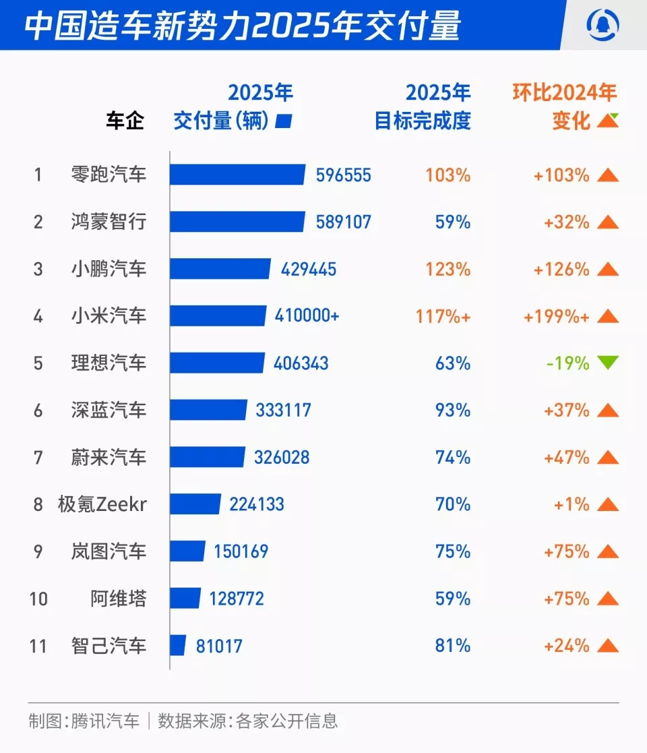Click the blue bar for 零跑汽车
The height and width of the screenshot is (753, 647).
[x=237, y=175]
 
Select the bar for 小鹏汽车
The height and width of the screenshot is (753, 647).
[x=220, y=269]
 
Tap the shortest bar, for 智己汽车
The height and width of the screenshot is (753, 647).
[x=178, y=646]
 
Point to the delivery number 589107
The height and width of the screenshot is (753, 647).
[x=343, y=222]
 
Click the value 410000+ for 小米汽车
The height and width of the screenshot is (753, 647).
[x=307, y=316]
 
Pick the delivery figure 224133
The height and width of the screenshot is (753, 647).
[x=256, y=504]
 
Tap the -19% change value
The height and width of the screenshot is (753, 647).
[x=567, y=363]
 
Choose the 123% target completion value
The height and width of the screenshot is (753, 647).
[x=448, y=269]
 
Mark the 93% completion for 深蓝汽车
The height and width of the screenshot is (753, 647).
[x=452, y=410]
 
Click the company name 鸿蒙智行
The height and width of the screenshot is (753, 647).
[x=108, y=222]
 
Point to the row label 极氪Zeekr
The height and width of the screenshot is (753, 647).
[x=102, y=504]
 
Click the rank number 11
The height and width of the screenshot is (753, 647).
[x=38, y=646]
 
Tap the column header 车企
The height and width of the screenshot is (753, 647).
[x=125, y=121]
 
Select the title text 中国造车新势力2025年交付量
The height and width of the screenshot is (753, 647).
[x=243, y=26]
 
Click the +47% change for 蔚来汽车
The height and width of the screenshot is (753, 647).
[x=567, y=457]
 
